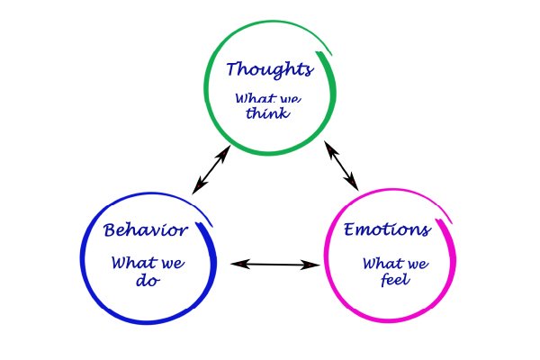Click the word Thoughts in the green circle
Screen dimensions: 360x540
pyautogui.click(x=269, y=69)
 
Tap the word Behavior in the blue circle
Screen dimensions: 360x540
pyautogui.click(x=146, y=230)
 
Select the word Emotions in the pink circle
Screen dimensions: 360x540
pyautogui.click(x=387, y=229)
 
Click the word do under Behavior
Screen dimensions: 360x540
pyautogui.click(x=146, y=281)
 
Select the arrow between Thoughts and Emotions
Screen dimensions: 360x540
pyautogui.click(x=341, y=165)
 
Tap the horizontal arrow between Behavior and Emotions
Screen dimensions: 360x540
pyautogui.click(x=276, y=264)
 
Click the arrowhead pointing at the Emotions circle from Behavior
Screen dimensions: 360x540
pyautogui.click(x=314, y=265)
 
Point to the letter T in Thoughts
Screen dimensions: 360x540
pyautogui.click(x=233, y=69)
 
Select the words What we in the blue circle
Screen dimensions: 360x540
pyautogui.click(x=147, y=264)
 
